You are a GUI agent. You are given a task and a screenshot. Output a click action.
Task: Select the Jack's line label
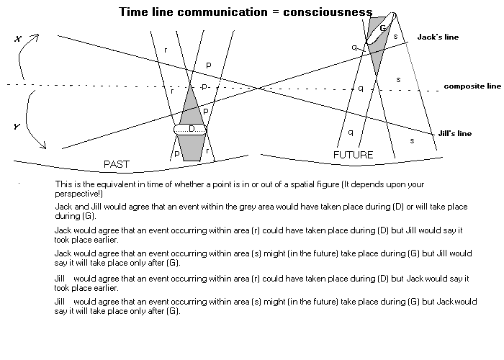tap(438, 37)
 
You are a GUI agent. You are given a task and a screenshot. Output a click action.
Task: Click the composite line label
tap(472, 86)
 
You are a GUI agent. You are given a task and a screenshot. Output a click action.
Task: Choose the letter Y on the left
tap(17, 127)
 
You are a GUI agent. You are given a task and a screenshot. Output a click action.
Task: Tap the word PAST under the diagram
tap(117, 164)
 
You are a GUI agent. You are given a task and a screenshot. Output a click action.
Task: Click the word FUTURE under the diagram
tap(354, 155)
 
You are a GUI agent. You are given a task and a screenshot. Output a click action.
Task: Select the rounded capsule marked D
tap(191, 130)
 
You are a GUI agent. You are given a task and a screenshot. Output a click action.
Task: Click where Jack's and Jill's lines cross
tap(259, 88)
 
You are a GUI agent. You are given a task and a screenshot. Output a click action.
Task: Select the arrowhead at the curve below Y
tap(44, 148)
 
